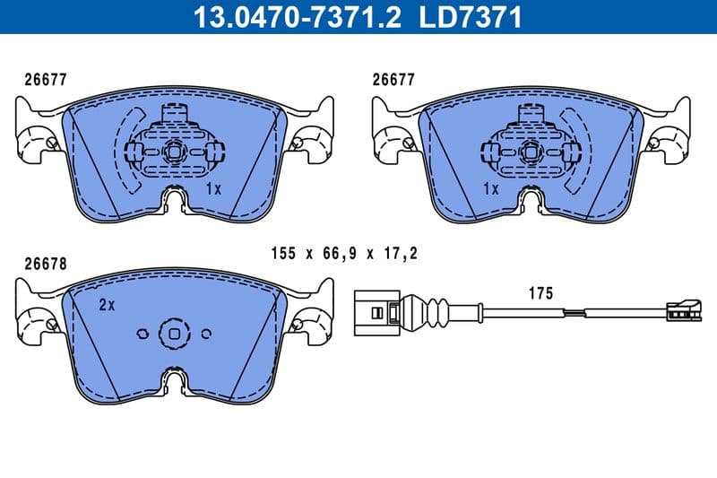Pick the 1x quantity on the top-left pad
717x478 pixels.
click(x=213, y=189)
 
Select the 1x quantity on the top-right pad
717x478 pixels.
click(x=490, y=189)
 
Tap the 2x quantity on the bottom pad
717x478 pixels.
click(x=107, y=305)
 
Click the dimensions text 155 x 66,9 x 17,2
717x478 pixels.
click(x=344, y=256)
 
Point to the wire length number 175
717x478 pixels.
click(x=540, y=293)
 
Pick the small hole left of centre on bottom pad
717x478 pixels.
click(x=141, y=333)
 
